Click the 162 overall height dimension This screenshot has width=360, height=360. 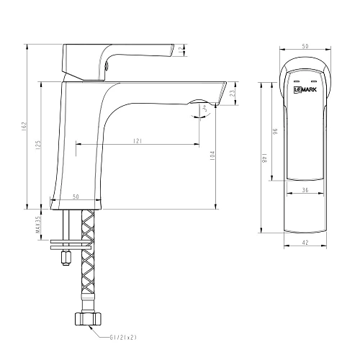[24, 128]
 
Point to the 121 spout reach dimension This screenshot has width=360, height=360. [137, 141]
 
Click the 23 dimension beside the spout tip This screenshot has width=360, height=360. [231, 92]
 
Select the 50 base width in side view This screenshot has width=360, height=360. [76, 196]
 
